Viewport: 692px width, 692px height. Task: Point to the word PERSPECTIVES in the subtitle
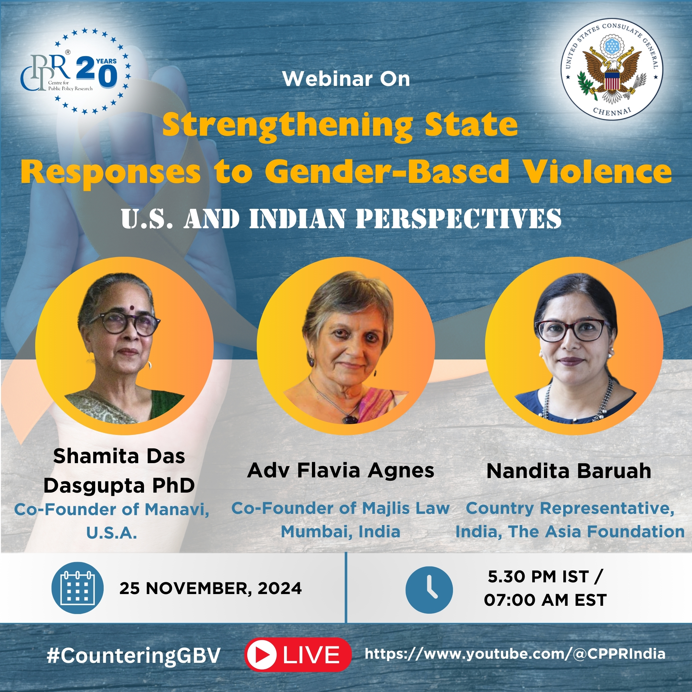click(458, 218)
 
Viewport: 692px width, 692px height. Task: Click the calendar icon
click(78, 588)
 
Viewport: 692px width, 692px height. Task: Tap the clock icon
click(429, 590)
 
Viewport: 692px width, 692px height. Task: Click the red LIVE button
click(298, 654)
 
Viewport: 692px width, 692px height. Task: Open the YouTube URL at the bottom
click(515, 654)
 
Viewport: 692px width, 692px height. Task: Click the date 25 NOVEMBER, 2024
click(210, 588)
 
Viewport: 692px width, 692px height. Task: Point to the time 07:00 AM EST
click(545, 600)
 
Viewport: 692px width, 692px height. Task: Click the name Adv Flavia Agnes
click(341, 470)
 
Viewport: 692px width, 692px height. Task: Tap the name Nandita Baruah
click(569, 471)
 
